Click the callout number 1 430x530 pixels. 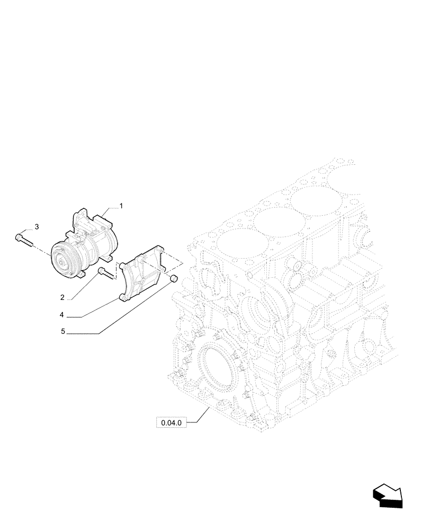(x=121, y=206)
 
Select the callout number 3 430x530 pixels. (x=37, y=227)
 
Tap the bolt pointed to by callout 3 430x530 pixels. (x=24, y=240)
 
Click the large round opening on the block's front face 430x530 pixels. (x=214, y=371)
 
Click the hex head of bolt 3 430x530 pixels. (x=19, y=237)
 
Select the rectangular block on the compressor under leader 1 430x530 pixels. (x=102, y=218)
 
